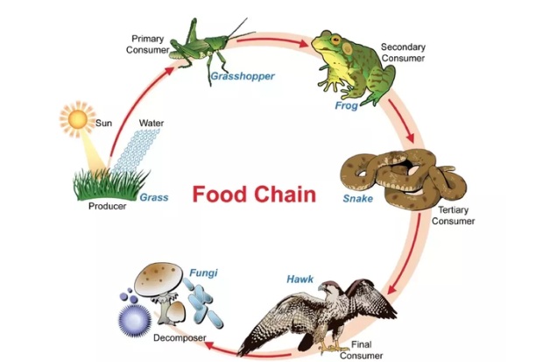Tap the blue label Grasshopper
point(242,76)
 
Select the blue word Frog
point(346,106)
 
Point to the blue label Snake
point(358,199)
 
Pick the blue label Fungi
point(203,273)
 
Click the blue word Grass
point(153,197)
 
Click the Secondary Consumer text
point(402,52)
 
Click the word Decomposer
point(180,337)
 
